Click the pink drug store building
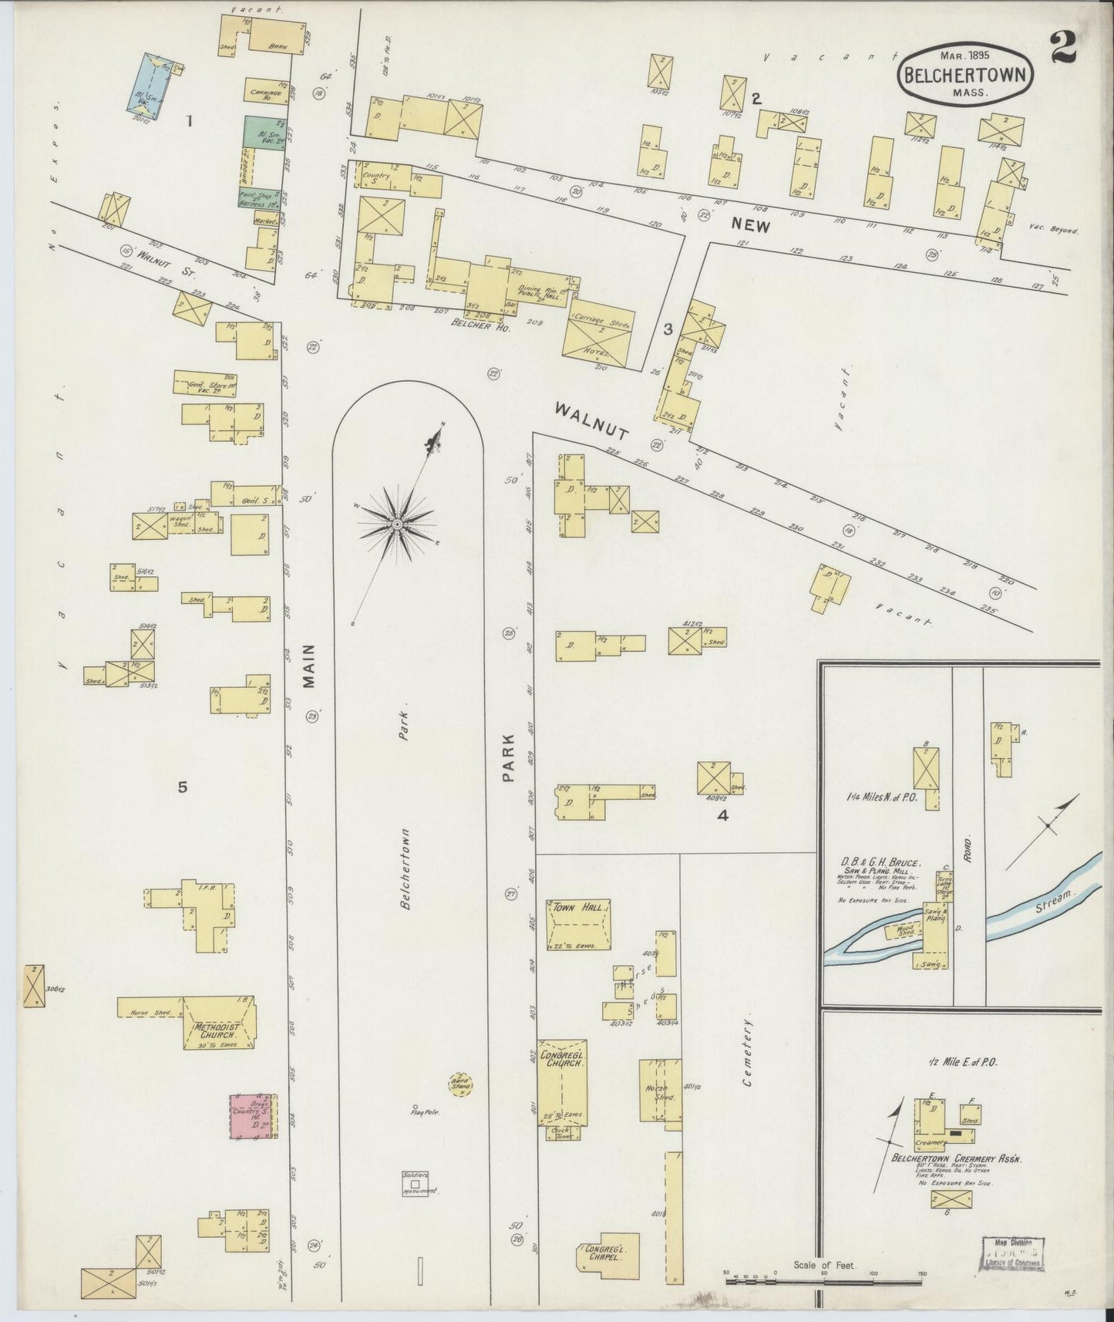tap(254, 1115)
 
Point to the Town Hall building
tap(579, 924)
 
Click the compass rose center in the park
tap(396, 524)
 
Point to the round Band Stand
tap(461, 1084)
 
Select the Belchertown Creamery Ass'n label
tap(956, 1158)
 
